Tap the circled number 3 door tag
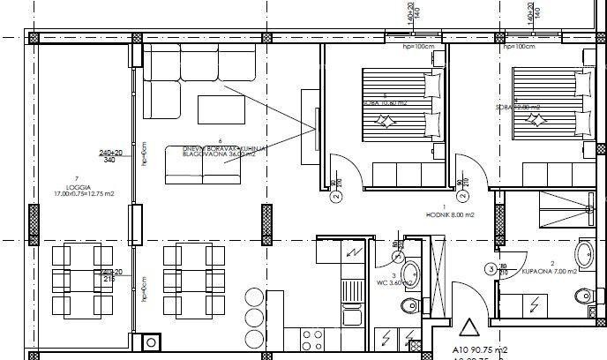click(491, 269)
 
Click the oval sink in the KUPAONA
click(584, 254)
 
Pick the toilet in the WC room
click(407, 306)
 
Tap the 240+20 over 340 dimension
click(109, 155)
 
